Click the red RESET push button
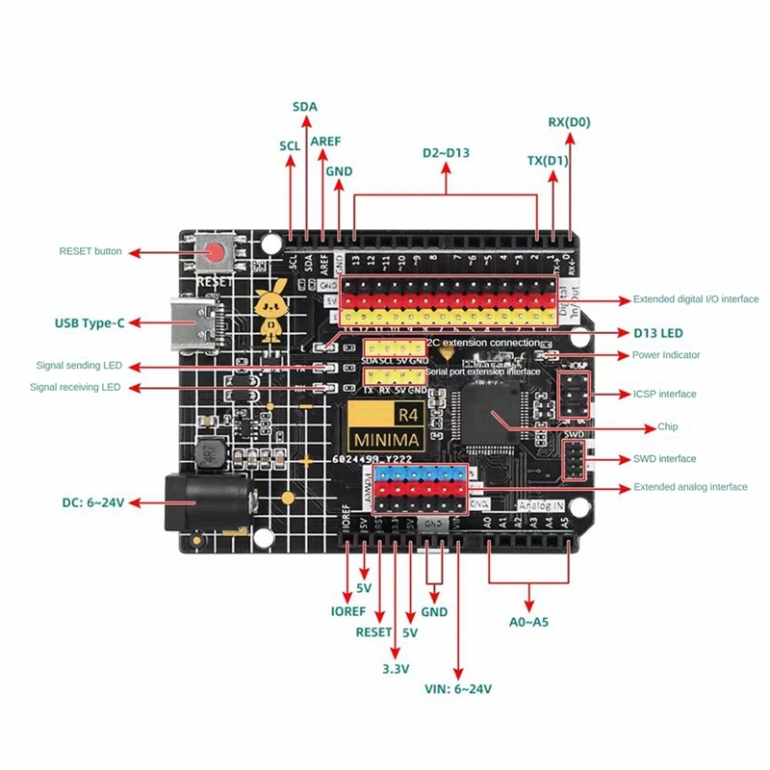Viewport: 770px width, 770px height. [x=217, y=254]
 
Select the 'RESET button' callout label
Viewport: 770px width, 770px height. [x=90, y=251]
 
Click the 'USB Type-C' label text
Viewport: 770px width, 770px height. [x=89, y=322]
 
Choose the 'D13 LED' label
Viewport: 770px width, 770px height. [x=657, y=333]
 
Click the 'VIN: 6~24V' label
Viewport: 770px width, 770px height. [x=458, y=689]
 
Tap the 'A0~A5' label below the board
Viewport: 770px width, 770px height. [x=528, y=622]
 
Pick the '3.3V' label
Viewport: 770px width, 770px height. [x=396, y=668]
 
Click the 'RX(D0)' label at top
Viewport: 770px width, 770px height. [x=569, y=122]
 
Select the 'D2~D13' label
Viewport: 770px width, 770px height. [x=447, y=153]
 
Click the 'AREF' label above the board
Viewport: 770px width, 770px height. [x=326, y=141]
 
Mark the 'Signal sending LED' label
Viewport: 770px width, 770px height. [x=78, y=366]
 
